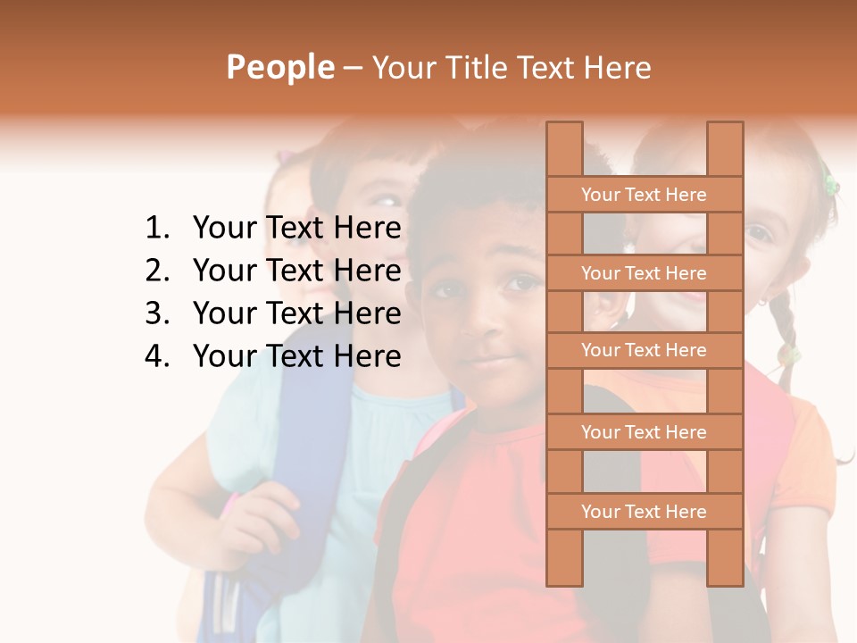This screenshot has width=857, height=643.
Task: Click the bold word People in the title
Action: [279, 67]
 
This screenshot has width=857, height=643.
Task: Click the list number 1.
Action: [156, 229]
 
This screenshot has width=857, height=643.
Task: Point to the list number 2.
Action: [156, 271]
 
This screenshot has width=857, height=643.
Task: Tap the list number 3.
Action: [156, 313]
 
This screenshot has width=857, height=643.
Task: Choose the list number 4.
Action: [156, 356]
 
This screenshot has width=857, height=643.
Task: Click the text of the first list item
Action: [296, 229]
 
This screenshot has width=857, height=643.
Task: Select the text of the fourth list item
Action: [296, 356]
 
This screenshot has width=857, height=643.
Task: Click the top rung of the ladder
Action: [644, 195]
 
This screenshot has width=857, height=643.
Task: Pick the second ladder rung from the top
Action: [644, 273]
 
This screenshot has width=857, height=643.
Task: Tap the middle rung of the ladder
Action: [644, 350]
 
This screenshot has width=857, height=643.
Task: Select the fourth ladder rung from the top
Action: [644, 432]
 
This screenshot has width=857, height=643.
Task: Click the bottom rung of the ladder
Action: [644, 512]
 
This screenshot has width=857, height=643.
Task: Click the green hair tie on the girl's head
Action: [830, 185]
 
